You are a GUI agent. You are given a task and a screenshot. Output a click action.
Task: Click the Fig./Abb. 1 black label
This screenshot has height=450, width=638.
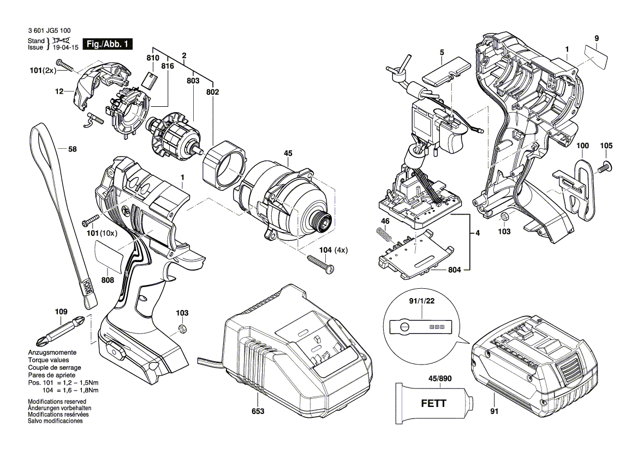click(x=106, y=44)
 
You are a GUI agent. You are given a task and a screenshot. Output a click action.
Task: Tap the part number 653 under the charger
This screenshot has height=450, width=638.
click(x=258, y=411)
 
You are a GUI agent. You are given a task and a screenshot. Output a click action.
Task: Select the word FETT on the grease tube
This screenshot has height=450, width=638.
click(x=433, y=404)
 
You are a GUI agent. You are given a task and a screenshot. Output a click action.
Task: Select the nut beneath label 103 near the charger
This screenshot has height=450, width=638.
click(x=181, y=329)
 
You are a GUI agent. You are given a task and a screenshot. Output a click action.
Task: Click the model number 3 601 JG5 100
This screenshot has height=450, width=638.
click(x=49, y=32)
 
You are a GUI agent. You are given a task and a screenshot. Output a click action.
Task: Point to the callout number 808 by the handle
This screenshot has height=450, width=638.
click(x=107, y=280)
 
